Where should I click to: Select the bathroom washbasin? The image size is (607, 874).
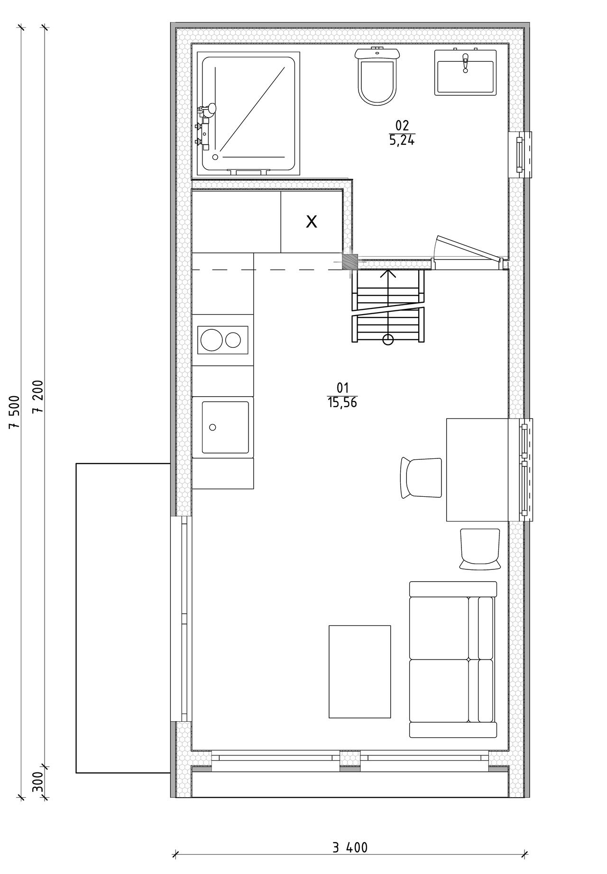tap(465, 72)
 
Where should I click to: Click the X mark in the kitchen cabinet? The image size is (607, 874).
tap(311, 221)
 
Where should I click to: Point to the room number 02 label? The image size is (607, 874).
tap(402, 126)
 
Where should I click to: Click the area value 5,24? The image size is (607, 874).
tap(402, 140)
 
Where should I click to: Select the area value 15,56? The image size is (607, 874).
tap(342, 403)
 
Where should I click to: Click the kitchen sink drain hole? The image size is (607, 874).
tap(212, 428)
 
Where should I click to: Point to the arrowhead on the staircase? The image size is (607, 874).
tap(388, 274)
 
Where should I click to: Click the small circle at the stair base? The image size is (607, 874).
tap(388, 340)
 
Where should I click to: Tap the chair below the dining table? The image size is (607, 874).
tap(479, 549)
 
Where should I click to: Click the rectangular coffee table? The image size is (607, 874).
tap(360, 671)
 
